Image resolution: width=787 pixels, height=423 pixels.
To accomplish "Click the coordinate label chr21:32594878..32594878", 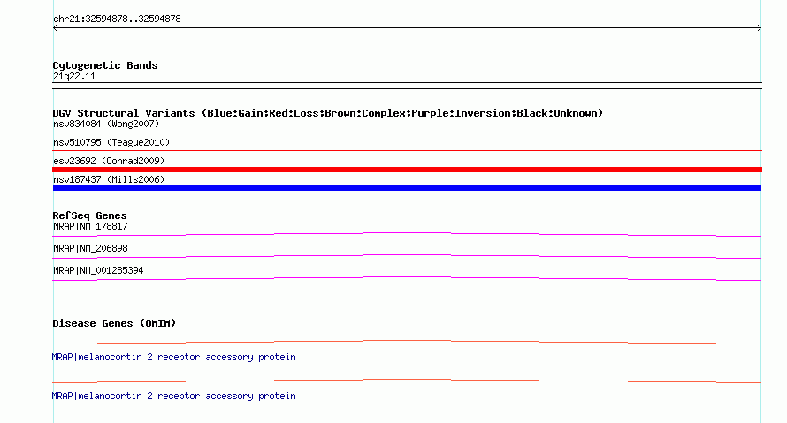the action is click(117, 19).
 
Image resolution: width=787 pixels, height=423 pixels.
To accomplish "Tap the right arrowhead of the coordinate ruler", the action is click(760, 28).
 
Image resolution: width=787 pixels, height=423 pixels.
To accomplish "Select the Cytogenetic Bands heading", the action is click(105, 65).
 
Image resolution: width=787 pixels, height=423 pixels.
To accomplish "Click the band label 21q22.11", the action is click(74, 76).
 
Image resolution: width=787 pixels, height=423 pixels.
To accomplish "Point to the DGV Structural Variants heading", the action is click(328, 113).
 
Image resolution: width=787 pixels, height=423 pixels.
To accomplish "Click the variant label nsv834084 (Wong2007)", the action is click(106, 124).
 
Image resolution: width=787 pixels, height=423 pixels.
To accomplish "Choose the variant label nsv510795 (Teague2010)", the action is click(111, 142).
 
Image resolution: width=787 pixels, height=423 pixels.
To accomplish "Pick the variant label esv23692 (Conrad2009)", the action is click(109, 161).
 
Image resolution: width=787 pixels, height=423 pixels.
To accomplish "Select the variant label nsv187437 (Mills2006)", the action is click(109, 179).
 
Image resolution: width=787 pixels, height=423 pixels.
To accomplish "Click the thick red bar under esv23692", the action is click(407, 170).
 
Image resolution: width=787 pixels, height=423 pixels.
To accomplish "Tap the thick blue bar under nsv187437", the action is click(407, 188).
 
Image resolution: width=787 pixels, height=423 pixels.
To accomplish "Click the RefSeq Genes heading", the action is click(90, 215).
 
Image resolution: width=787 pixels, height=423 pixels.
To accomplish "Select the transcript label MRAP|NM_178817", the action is click(90, 227).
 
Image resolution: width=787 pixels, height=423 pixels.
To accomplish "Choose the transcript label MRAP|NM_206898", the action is click(90, 248).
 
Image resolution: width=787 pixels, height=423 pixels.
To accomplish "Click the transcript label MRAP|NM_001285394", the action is click(98, 270).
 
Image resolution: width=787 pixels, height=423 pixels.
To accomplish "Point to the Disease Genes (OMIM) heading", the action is click(114, 323).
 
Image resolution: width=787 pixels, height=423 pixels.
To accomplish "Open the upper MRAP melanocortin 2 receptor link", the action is click(173, 358).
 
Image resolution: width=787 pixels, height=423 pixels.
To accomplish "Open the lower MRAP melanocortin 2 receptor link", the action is click(173, 396).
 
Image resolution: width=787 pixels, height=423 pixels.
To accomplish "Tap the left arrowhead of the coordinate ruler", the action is click(55, 28).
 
